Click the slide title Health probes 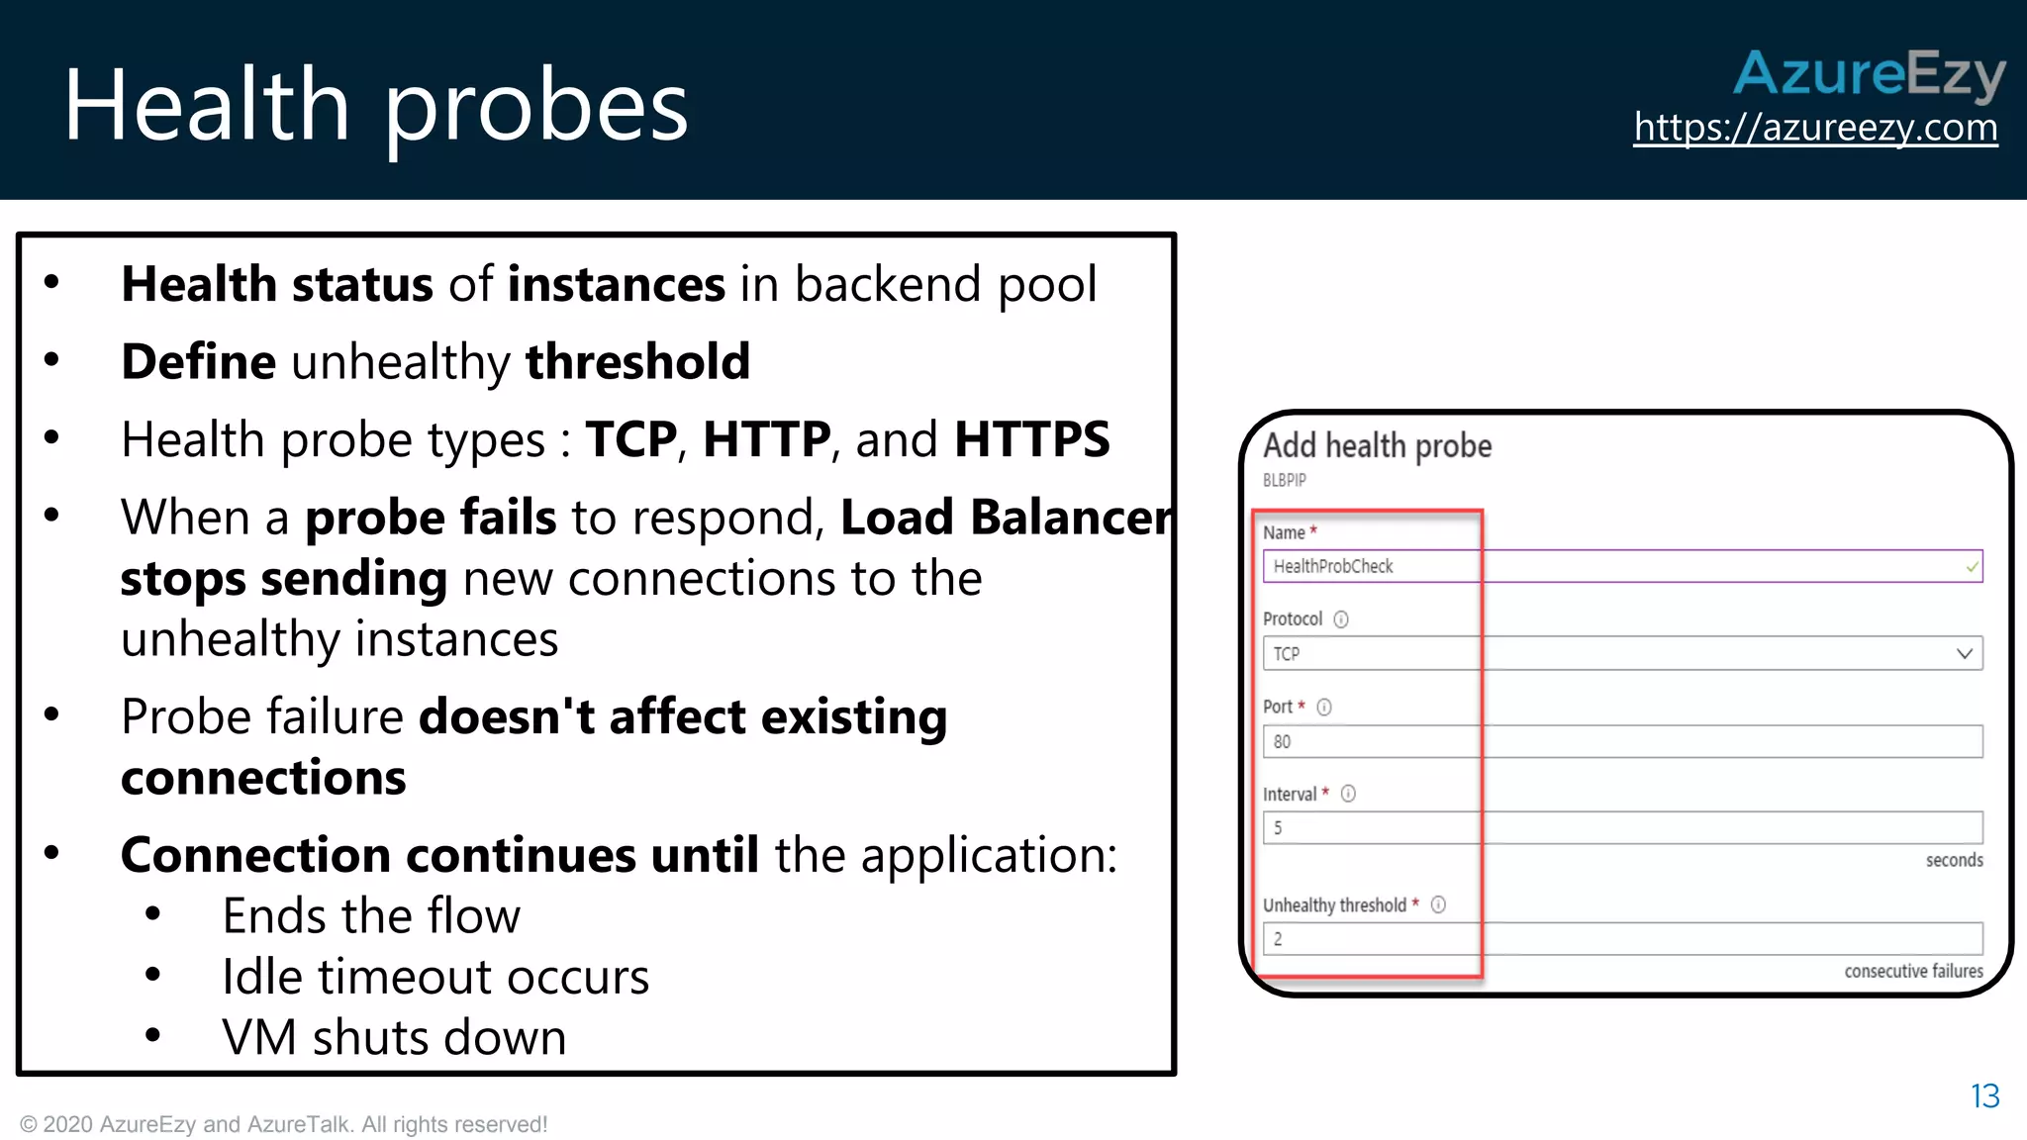click(x=375, y=105)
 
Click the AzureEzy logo click(x=1869, y=74)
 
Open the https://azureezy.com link click(x=1815, y=128)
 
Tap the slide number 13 click(x=1984, y=1095)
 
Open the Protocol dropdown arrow click(x=1964, y=653)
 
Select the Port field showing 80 click(x=1621, y=741)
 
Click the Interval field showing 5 click(x=1621, y=827)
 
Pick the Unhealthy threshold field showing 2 click(x=1621, y=938)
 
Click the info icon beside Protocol click(x=1341, y=619)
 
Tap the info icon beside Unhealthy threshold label click(x=1438, y=904)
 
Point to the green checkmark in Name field click(x=1972, y=567)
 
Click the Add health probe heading click(x=1377, y=446)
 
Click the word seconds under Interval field click(x=1954, y=860)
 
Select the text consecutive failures click(x=1913, y=971)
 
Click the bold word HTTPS click(x=1031, y=439)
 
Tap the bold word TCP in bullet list click(x=630, y=439)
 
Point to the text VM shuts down click(x=394, y=1037)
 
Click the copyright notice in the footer click(x=283, y=1124)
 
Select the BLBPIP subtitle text click(x=1284, y=480)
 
